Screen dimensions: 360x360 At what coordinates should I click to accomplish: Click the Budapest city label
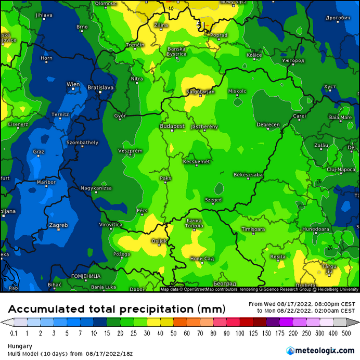(172, 126)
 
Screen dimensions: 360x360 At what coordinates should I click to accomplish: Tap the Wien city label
(73, 84)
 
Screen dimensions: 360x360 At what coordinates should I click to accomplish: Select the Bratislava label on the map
(100, 87)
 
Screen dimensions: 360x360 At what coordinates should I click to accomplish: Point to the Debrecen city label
(268, 125)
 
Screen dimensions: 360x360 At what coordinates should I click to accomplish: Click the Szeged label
(213, 200)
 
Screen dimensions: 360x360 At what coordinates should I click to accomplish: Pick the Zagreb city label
(58, 225)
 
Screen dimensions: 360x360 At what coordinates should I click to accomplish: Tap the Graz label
(38, 152)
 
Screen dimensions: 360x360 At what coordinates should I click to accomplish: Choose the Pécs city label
(142, 210)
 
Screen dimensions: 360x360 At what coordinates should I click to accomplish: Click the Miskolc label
(237, 91)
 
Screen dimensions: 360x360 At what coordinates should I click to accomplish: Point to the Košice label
(254, 55)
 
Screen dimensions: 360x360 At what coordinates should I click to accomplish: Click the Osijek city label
(159, 240)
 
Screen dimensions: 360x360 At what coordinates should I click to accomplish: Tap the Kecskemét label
(197, 162)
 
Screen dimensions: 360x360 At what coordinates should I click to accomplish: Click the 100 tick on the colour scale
(240, 333)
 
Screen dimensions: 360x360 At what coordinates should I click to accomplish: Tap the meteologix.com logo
(320, 350)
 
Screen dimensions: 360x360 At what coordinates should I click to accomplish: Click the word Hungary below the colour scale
(19, 346)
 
